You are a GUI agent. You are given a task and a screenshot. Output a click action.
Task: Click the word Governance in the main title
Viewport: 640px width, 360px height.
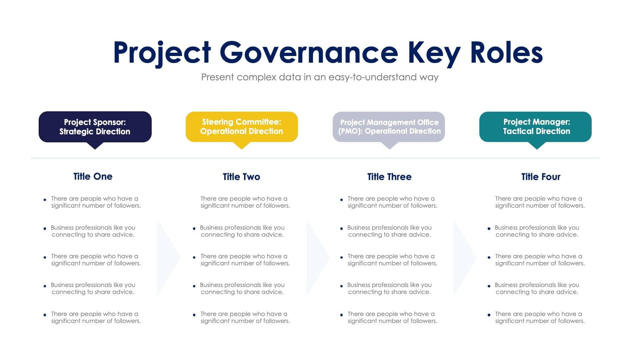tap(309, 53)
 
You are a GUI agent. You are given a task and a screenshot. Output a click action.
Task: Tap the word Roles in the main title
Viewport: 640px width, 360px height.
tap(506, 53)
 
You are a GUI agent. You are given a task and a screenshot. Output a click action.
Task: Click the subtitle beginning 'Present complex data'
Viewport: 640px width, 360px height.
tap(320, 77)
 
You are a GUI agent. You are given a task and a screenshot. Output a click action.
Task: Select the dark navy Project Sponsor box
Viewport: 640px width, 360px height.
tap(95, 127)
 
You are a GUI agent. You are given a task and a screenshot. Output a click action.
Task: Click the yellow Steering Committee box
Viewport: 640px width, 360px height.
tap(242, 127)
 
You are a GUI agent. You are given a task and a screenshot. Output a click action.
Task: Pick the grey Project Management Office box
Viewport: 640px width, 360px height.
tap(389, 127)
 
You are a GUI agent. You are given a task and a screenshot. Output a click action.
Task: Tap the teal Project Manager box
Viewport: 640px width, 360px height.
tap(536, 127)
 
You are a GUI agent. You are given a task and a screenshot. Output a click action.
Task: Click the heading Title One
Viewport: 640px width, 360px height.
tap(93, 176)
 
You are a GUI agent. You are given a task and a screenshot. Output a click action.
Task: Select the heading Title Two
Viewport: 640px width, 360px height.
tap(241, 177)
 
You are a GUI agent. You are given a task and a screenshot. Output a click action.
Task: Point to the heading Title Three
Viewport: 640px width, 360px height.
tap(389, 177)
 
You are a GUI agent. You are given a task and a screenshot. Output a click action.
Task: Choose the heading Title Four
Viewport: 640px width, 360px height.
tap(541, 177)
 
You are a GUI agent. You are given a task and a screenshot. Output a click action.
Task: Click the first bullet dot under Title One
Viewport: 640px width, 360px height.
tap(45, 200)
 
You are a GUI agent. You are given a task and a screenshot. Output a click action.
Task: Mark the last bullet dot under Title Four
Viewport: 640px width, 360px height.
tap(489, 315)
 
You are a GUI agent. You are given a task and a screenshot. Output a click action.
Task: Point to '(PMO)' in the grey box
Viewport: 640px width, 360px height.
tap(350, 131)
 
